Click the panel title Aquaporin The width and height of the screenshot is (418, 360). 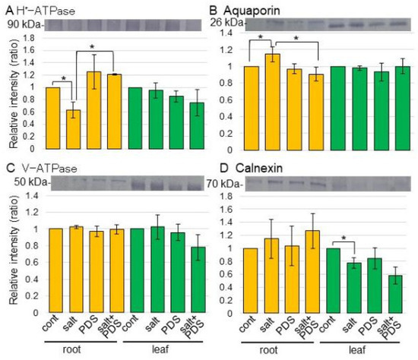click(x=252, y=11)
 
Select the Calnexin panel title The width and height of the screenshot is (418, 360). click(x=259, y=169)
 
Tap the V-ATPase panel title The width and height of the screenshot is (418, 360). click(x=49, y=169)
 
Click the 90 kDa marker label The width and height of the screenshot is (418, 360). click(x=24, y=25)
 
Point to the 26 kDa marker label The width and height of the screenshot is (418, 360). click(x=226, y=23)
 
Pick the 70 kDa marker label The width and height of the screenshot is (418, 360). click(x=223, y=184)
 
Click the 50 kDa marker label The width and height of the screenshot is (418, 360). click(x=31, y=182)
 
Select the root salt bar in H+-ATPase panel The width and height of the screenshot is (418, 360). click(x=73, y=129)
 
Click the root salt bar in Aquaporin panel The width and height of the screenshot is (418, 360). click(x=273, y=102)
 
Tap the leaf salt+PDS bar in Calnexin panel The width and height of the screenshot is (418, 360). click(x=395, y=294)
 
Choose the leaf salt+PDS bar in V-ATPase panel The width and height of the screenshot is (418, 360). click(x=198, y=279)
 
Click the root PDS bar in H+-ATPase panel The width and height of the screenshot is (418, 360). click(x=93, y=110)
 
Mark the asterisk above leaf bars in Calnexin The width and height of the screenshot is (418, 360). click(x=344, y=238)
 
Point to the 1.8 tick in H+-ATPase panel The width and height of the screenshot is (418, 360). click(x=30, y=38)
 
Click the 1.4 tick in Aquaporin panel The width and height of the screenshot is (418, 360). click(x=226, y=33)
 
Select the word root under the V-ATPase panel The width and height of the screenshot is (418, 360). click(x=71, y=349)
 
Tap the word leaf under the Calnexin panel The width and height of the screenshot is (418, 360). click(x=357, y=349)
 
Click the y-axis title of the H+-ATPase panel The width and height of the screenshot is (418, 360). click(x=14, y=93)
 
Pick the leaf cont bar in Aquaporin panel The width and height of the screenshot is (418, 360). click(x=338, y=108)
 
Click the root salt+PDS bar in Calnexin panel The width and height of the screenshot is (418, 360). click(x=312, y=272)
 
